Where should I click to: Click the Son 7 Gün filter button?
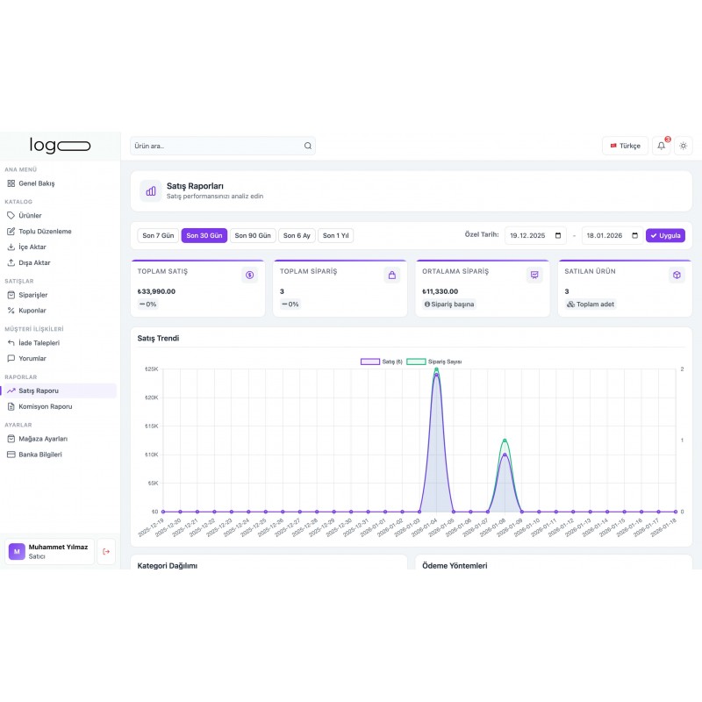158,235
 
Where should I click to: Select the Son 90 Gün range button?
253,235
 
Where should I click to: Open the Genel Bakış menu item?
36,183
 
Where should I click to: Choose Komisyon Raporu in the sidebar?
45,406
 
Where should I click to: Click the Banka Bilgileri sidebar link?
40,455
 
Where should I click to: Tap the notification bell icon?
661,146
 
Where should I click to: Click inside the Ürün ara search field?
215,146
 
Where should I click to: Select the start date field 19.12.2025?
535,235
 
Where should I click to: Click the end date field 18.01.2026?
612,235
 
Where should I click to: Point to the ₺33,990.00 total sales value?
157,291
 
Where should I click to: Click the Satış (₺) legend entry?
381,362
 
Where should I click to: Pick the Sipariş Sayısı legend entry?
434,362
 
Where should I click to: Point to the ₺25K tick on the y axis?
151,369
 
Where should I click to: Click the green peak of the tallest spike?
436,369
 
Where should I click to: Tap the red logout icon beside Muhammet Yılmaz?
106,551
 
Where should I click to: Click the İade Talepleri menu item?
39,342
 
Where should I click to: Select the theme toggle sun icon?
684,146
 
